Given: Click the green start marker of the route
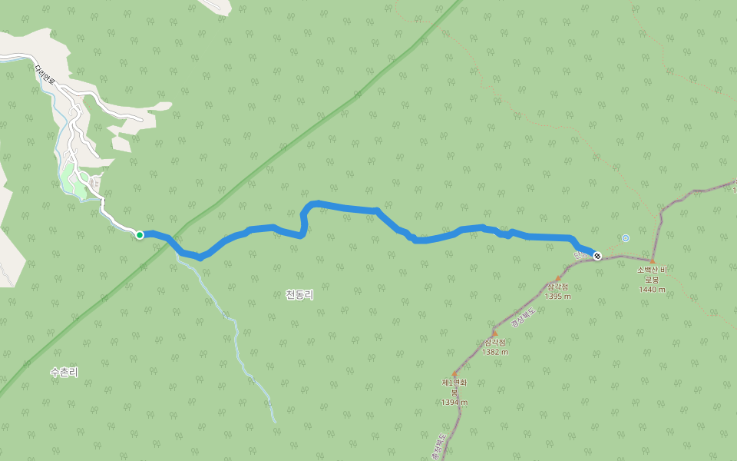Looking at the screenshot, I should [140, 234].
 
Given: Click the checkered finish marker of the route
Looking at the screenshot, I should [597, 255].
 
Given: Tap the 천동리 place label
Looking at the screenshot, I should [299, 294].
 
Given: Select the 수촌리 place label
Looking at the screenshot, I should [64, 372].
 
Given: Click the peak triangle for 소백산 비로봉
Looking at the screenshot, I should [653, 261].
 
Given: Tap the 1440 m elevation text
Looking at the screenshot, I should [652, 290].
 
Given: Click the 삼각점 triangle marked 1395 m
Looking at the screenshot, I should [558, 279].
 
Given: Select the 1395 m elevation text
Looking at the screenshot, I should [557, 297].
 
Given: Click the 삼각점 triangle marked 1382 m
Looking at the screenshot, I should [494, 333].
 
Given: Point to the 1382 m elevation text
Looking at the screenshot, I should [495, 352].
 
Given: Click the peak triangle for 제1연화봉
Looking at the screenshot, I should [454, 374].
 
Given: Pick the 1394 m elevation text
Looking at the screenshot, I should [454, 403].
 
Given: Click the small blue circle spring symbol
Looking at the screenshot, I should [626, 238].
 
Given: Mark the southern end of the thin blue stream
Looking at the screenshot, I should [274, 422].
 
